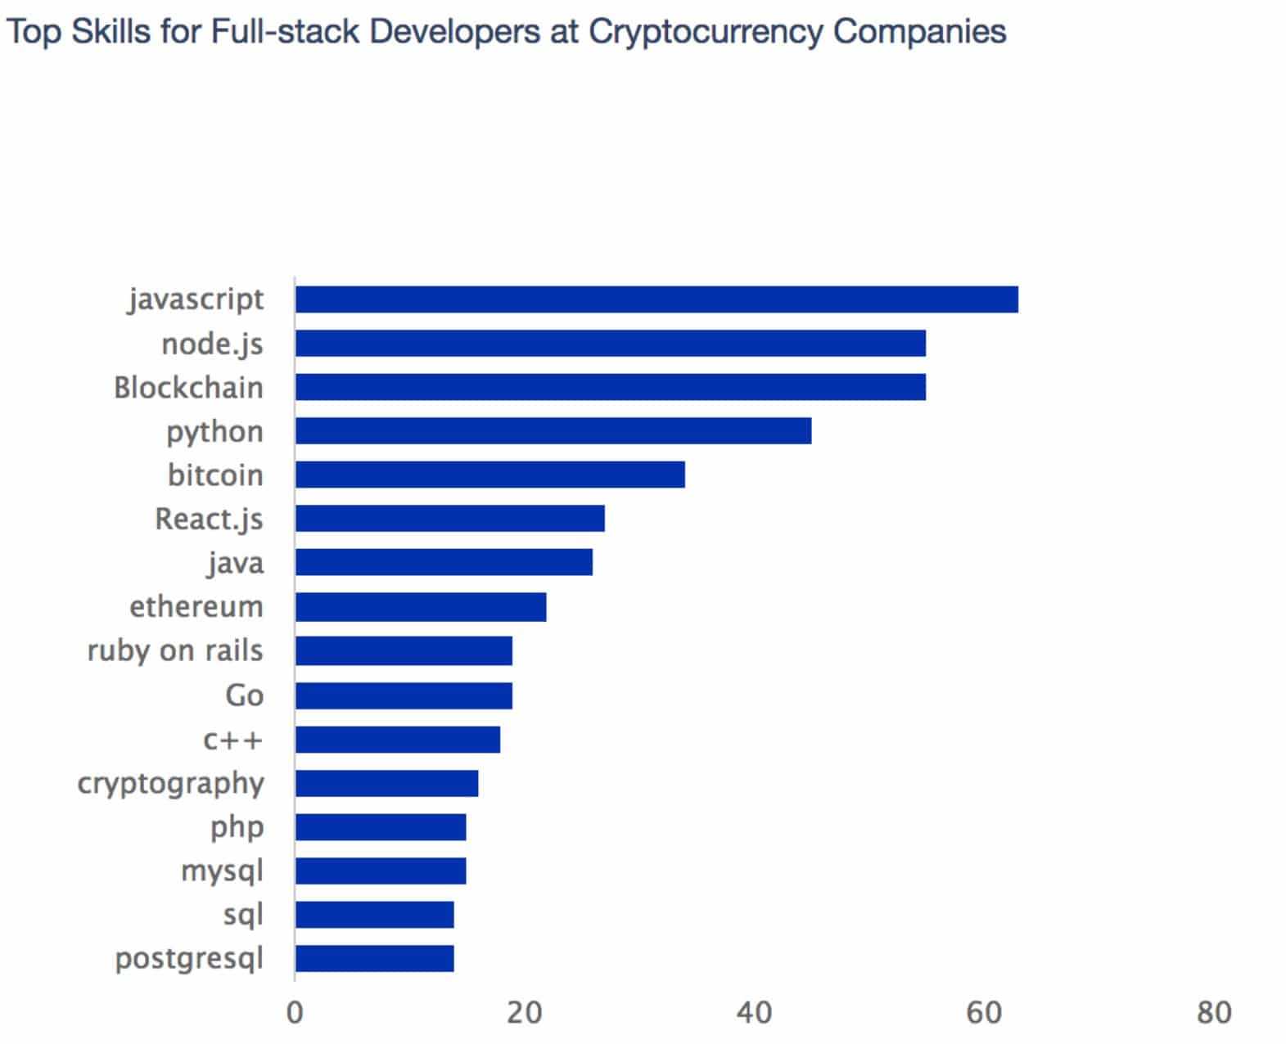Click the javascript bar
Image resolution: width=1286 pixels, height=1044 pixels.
(657, 299)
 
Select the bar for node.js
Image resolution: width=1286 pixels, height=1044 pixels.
(611, 344)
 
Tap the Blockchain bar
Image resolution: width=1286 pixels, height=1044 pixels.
(611, 387)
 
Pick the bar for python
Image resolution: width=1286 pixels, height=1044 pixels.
(553, 431)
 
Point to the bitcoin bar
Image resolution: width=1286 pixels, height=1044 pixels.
(490, 475)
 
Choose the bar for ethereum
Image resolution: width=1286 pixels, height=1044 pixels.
(421, 607)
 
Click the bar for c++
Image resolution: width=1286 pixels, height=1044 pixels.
(398, 740)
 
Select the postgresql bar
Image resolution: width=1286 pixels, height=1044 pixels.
(375, 959)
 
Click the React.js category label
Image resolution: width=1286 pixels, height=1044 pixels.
(210, 520)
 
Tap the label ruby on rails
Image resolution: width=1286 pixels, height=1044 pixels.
(175, 651)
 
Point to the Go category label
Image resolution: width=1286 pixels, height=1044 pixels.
(244, 695)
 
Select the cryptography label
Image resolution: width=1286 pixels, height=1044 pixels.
(171, 784)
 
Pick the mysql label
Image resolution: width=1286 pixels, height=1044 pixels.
(222, 871)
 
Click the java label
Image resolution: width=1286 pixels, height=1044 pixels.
(236, 564)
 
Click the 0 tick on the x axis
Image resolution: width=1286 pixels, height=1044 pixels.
(295, 1013)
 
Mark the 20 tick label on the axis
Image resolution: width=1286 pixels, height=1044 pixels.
(524, 1013)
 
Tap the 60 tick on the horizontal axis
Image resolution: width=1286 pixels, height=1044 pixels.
(983, 1013)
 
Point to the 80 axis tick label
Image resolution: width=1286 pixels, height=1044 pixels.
(1213, 1013)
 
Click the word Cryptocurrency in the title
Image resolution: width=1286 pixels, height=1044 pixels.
(706, 33)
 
